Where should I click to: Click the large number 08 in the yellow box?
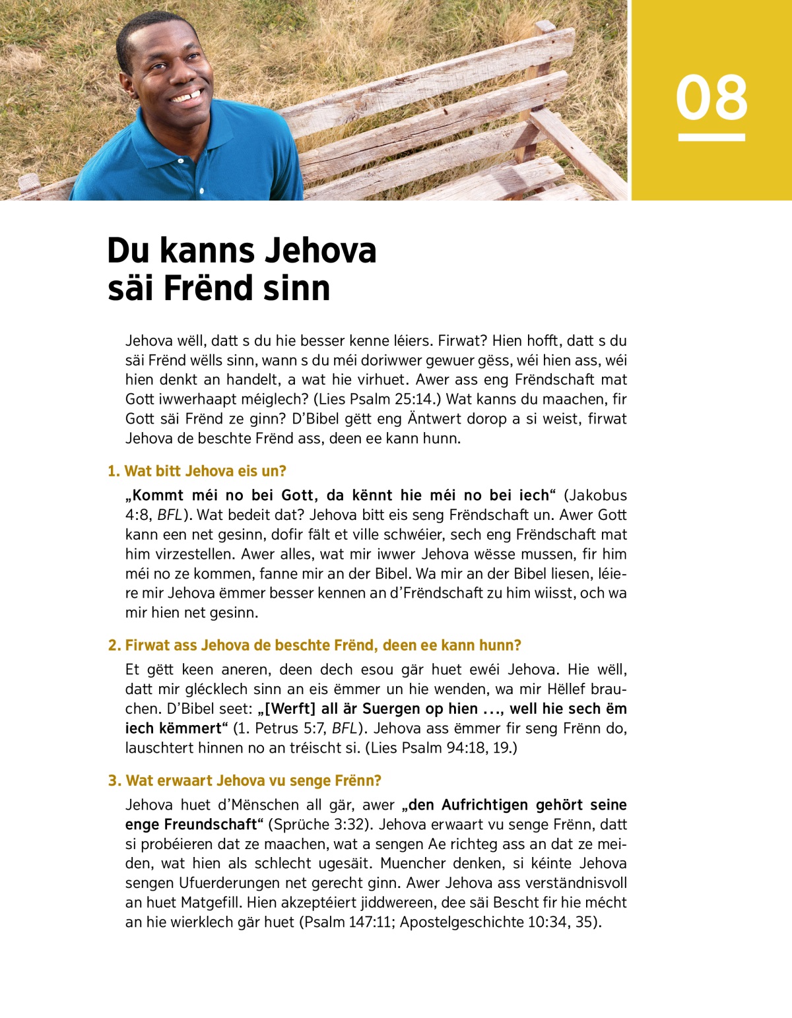click(711, 98)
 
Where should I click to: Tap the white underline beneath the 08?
click(711, 137)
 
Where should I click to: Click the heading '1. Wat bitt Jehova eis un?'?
click(197, 471)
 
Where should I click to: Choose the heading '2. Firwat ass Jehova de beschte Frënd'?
click(314, 645)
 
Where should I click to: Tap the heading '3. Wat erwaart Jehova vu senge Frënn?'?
click(244, 780)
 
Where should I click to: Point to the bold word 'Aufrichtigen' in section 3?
click(485, 805)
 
